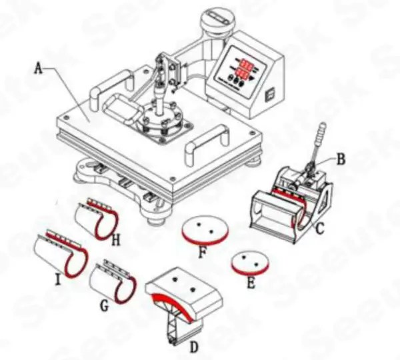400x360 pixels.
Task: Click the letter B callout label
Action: (x=340, y=159)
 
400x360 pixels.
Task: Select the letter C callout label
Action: (x=320, y=230)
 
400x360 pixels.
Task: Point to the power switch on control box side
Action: (x=270, y=95)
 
